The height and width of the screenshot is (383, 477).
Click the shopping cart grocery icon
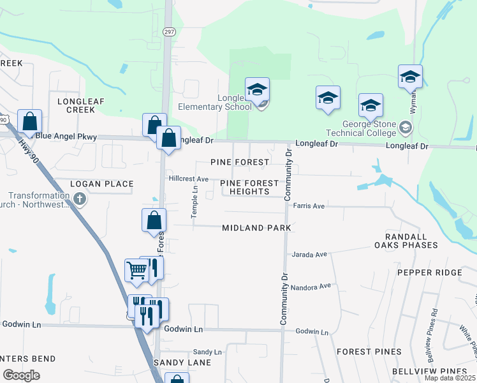(x=136, y=270)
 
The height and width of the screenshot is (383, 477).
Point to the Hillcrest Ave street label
(x=189, y=179)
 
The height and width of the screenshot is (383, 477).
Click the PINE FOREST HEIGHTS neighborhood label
(x=249, y=187)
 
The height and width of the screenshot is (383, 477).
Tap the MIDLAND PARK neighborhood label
(x=256, y=228)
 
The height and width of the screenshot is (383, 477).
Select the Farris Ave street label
(x=309, y=206)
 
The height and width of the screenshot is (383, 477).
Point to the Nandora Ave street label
(x=311, y=287)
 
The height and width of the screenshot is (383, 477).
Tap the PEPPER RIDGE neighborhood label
(x=429, y=273)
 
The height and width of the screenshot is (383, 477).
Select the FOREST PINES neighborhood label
(x=369, y=352)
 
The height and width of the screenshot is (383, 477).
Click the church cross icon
(x=80, y=199)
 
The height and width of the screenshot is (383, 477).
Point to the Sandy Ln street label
(x=207, y=352)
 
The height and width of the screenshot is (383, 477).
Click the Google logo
(x=21, y=375)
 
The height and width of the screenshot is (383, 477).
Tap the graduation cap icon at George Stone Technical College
(x=371, y=105)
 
